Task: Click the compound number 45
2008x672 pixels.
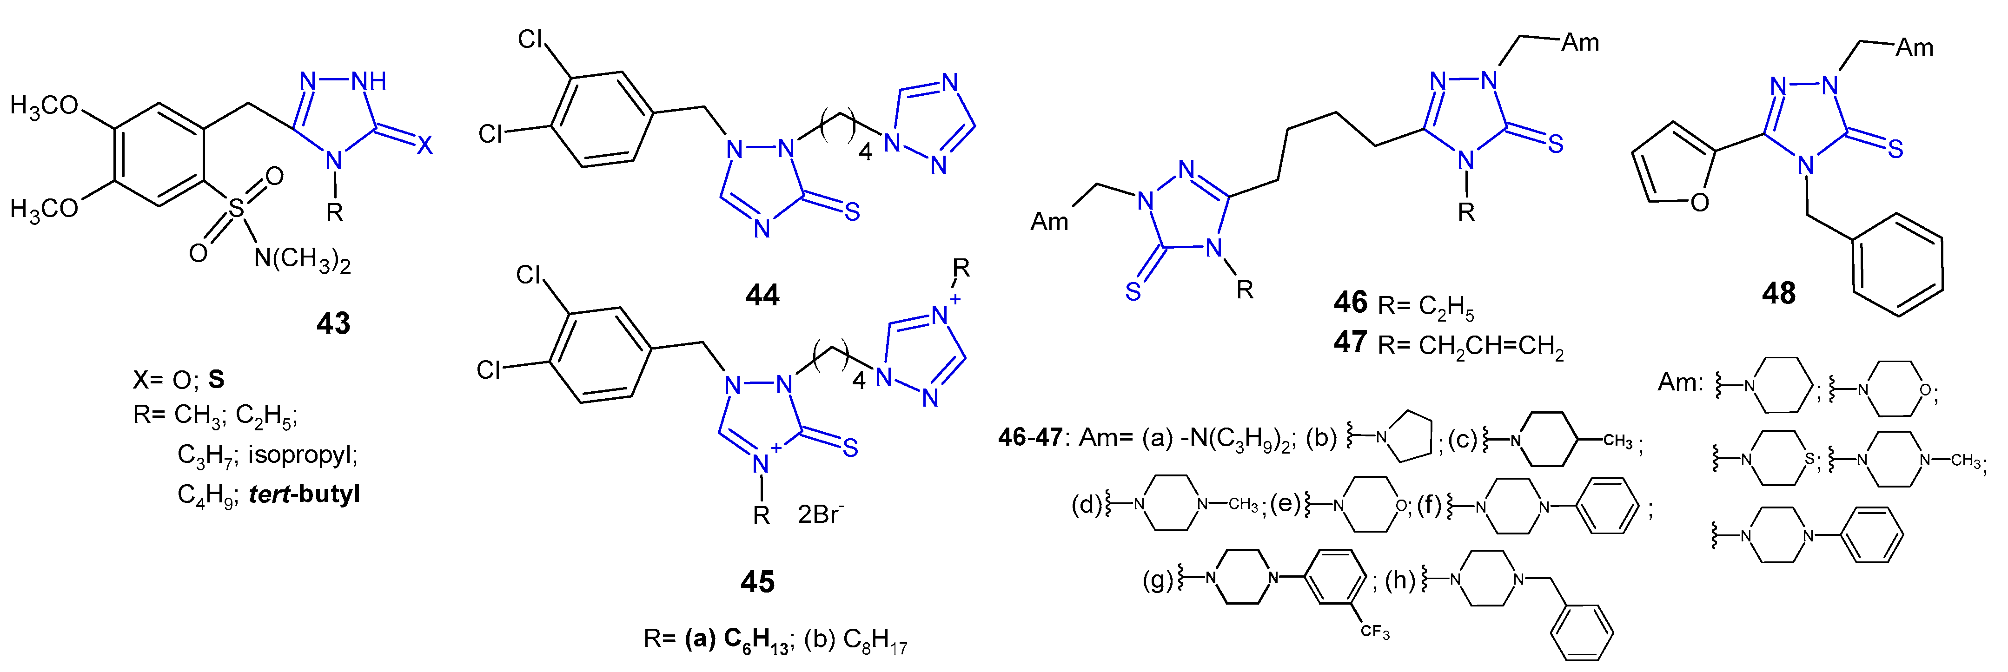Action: pos(757,581)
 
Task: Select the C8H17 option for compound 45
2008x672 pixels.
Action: pos(856,641)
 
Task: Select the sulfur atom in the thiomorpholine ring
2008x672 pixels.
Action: pos(1809,459)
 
